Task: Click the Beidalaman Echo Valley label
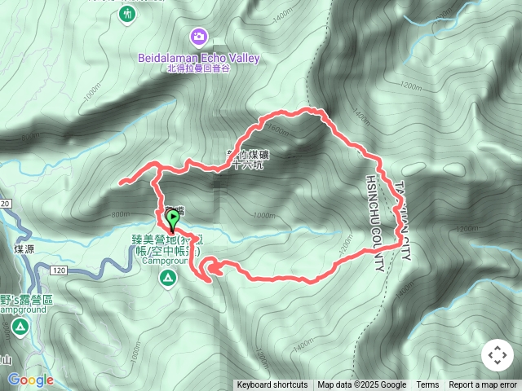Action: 198,58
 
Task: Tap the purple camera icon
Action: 199,37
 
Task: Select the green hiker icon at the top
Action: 126,15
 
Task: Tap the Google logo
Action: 30,380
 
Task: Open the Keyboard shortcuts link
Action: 272,385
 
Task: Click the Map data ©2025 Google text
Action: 362,385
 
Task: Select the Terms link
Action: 427,385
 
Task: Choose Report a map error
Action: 484,385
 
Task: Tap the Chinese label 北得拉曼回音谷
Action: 198,68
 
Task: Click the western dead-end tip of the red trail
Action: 120,182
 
